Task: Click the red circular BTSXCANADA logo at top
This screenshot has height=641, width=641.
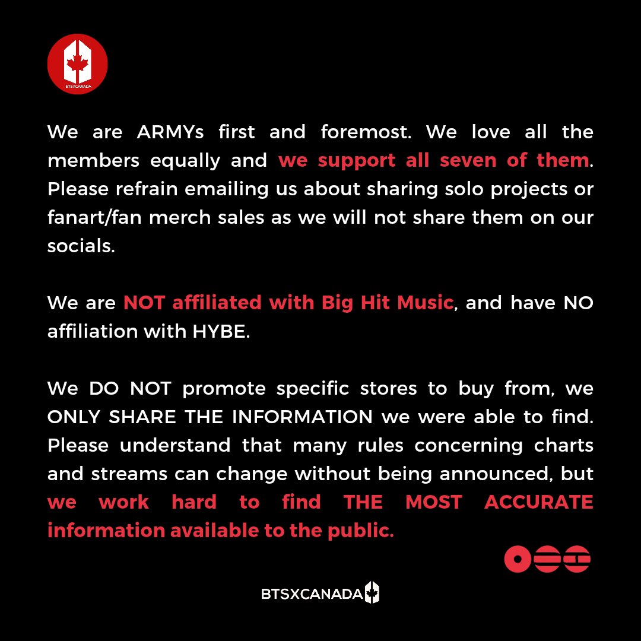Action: point(77,64)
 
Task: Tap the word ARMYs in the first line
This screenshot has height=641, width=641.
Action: point(170,132)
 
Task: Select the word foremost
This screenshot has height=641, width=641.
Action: point(366,132)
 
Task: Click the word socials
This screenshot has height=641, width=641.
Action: point(81,246)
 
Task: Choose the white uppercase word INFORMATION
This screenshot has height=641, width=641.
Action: point(302,417)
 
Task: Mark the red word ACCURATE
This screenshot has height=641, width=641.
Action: point(538,502)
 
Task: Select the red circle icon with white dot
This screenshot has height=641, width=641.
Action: point(517,559)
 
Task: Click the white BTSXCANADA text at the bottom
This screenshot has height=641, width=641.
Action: point(312,594)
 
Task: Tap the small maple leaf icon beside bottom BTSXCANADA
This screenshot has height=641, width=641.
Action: point(372,592)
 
